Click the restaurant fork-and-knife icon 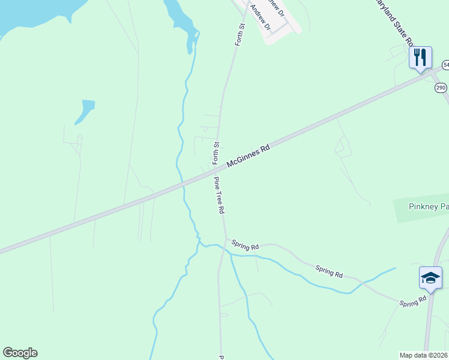[x=420, y=58]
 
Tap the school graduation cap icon [x=430, y=278]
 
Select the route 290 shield [x=441, y=88]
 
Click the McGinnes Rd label [x=249, y=155]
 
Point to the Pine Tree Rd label [x=219, y=196]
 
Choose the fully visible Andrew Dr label [x=261, y=19]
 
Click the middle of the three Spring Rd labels [x=329, y=271]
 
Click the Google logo [x=20, y=353]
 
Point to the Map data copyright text [x=424, y=355]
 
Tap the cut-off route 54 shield [x=445, y=64]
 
